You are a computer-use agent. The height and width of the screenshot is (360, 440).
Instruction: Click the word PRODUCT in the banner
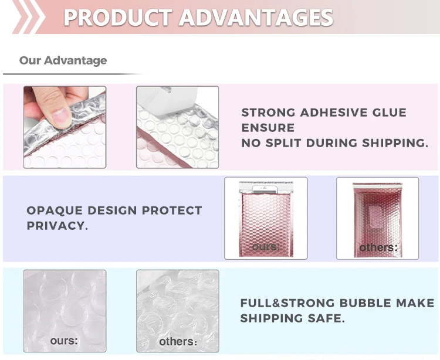click(x=118, y=18)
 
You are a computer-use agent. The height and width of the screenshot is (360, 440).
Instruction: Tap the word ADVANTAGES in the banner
click(x=256, y=18)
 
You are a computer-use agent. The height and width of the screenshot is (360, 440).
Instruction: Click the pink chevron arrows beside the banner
click(x=28, y=17)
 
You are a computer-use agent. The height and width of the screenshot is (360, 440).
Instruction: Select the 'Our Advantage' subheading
click(x=63, y=60)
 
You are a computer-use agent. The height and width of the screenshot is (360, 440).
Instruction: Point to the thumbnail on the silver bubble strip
click(x=62, y=118)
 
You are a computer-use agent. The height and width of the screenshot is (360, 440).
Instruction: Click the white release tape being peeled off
click(x=167, y=101)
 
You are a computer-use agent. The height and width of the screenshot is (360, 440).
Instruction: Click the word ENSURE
click(x=268, y=128)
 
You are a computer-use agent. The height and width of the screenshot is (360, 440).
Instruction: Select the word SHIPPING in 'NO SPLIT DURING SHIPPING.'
click(x=395, y=143)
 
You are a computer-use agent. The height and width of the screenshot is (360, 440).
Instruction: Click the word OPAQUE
click(x=55, y=210)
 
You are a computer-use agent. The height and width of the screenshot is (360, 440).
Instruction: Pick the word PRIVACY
click(x=56, y=226)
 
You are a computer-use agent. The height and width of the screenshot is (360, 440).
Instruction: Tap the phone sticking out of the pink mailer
click(x=265, y=189)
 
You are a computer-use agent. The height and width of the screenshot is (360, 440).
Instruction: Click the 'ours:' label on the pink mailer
click(x=266, y=247)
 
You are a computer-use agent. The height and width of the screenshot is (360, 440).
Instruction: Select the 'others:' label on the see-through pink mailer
click(x=378, y=247)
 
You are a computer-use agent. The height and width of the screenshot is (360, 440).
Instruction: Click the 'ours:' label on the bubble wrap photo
click(x=64, y=341)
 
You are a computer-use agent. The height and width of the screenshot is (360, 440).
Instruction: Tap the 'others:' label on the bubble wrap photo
click(x=178, y=341)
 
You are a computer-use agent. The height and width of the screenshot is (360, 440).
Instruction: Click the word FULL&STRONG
click(x=287, y=303)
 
